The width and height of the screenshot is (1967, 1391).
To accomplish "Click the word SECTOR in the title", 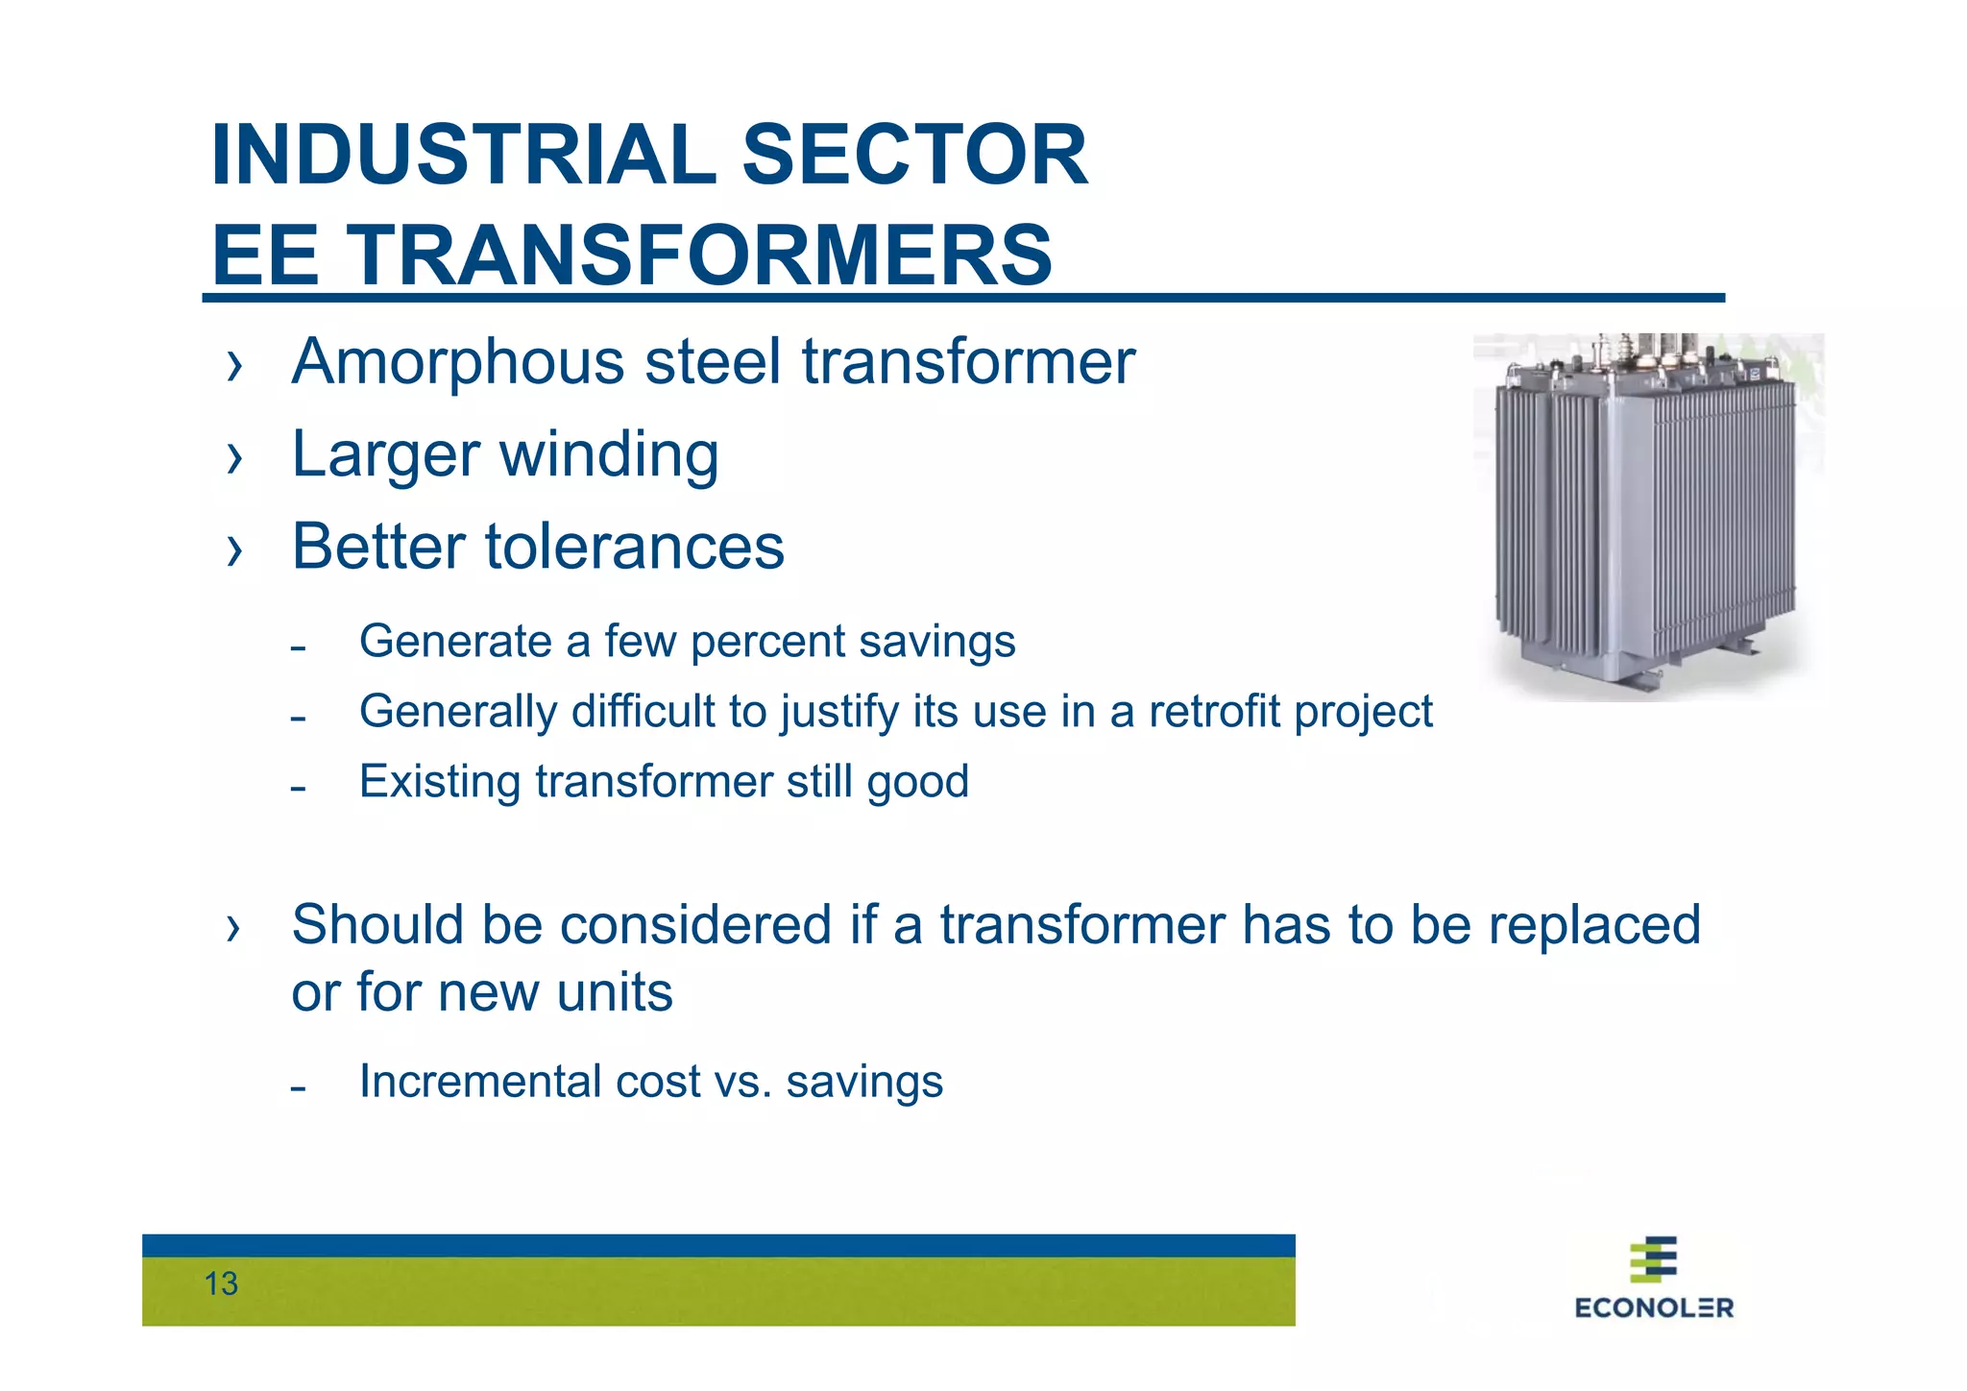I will click(x=914, y=155).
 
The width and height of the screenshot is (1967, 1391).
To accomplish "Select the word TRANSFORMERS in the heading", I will click(x=698, y=255).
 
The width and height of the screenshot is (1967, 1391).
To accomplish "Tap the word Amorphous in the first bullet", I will click(x=458, y=362).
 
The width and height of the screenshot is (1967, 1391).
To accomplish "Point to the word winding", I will click(x=609, y=454).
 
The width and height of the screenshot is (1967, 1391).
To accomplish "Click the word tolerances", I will click(x=634, y=547).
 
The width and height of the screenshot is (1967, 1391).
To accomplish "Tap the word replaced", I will click(x=1594, y=925).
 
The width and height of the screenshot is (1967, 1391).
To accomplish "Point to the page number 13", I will click(x=221, y=1284).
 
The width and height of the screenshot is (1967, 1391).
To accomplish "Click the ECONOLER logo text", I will click(x=1654, y=1307).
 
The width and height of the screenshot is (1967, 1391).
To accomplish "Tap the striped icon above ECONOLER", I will click(x=1654, y=1258).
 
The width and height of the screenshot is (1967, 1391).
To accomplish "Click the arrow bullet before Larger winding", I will click(x=234, y=457).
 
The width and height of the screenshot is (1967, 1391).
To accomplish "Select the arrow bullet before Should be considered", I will click(x=234, y=928).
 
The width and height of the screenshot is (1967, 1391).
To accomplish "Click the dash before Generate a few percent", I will click(x=298, y=648).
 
